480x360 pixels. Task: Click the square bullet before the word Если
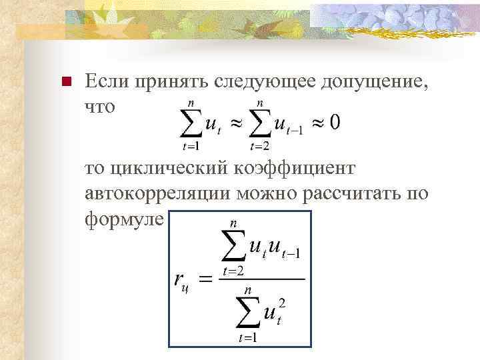65,83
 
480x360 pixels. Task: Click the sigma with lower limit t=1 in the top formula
192,123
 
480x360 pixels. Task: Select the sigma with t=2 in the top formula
260,123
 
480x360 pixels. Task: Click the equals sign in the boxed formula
207,279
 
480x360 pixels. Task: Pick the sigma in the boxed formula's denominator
249,311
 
